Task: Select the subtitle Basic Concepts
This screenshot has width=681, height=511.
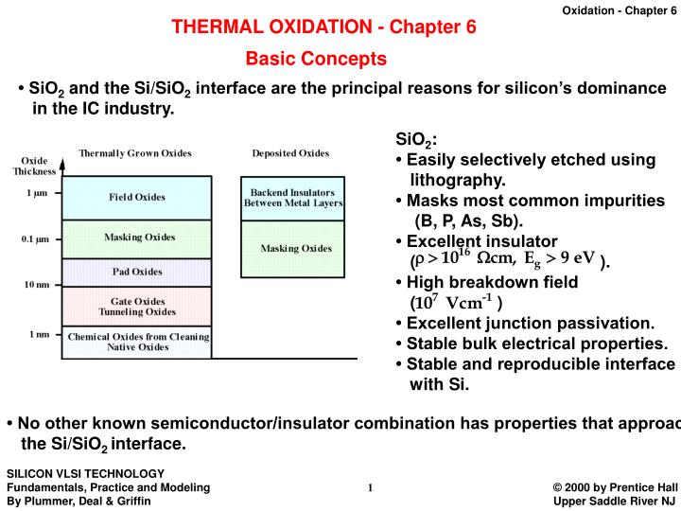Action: click(x=316, y=59)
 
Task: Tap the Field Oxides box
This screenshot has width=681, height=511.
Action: click(x=137, y=197)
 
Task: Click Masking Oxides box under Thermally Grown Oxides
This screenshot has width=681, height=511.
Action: click(x=137, y=238)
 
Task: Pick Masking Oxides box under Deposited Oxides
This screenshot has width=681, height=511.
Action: click(x=296, y=248)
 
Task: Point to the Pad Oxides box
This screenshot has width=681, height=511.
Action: click(x=137, y=272)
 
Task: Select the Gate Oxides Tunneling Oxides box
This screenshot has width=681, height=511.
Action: click(x=137, y=307)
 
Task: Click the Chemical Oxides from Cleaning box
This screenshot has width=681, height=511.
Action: click(x=137, y=341)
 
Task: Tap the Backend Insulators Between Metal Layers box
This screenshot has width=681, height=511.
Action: click(x=296, y=197)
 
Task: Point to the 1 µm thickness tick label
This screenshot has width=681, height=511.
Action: click(x=37, y=193)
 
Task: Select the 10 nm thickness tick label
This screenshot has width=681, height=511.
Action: click(x=36, y=284)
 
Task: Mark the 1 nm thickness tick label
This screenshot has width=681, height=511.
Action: click(x=38, y=334)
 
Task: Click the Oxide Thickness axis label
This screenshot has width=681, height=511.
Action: click(x=35, y=166)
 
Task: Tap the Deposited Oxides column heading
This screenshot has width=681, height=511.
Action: click(x=290, y=153)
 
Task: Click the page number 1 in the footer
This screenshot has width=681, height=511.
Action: click(x=371, y=487)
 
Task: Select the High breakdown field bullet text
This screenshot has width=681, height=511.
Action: click(x=492, y=282)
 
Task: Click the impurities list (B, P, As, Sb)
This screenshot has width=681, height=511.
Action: click(x=468, y=221)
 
